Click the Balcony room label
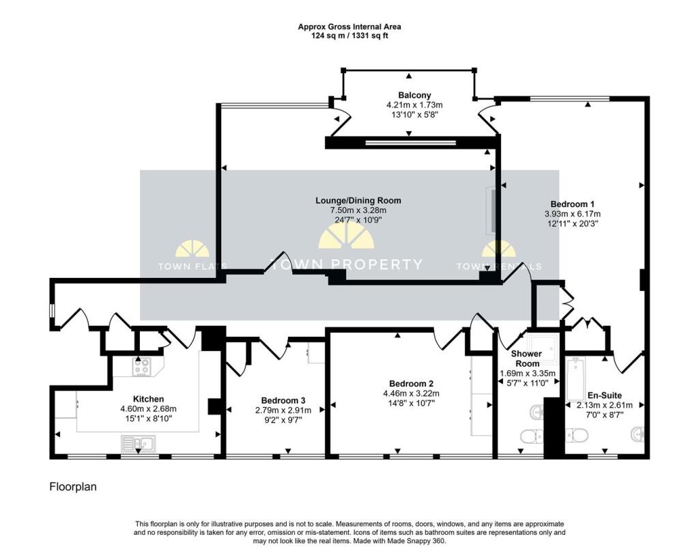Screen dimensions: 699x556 pyautogui.click(x=414, y=95)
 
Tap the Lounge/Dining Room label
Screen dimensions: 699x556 pyautogui.click(x=358, y=200)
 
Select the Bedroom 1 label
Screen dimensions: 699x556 pyautogui.click(x=573, y=204)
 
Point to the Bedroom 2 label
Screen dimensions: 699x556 pyautogui.click(x=411, y=383)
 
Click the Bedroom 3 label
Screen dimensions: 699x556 pyautogui.click(x=283, y=400)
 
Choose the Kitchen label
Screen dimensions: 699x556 pyautogui.click(x=148, y=399)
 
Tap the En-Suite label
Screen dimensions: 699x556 pyautogui.click(x=605, y=395)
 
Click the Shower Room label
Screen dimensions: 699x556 pyautogui.click(x=526, y=359)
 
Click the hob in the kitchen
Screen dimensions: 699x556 pyautogui.click(x=142, y=367)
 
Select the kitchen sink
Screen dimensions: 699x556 pyautogui.click(x=138, y=443)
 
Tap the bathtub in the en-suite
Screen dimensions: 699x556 pyautogui.click(x=575, y=379)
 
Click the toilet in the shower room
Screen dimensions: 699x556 pyautogui.click(x=532, y=436)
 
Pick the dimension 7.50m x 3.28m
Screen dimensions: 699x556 pyautogui.click(x=358, y=210)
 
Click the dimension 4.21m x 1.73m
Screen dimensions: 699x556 pyautogui.click(x=414, y=105)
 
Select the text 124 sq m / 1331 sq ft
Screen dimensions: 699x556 pyautogui.click(x=349, y=36)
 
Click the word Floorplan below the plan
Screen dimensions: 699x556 pyautogui.click(x=73, y=486)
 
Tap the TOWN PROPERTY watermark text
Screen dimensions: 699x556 pyautogui.click(x=346, y=264)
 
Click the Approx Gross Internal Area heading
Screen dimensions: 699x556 pyautogui.click(x=349, y=27)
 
